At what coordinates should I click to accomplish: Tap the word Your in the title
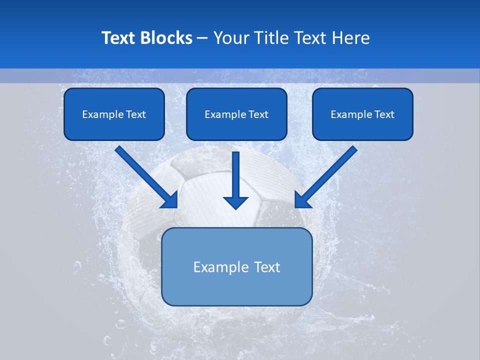tap(231, 38)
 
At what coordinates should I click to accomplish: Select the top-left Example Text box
tap(114, 114)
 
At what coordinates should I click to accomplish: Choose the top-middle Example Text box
tap(236, 114)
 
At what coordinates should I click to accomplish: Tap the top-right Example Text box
tap(362, 114)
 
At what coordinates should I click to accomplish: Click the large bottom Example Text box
tap(236, 266)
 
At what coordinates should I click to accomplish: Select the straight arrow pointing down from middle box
tap(235, 177)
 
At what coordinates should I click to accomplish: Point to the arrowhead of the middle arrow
tap(235, 202)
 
